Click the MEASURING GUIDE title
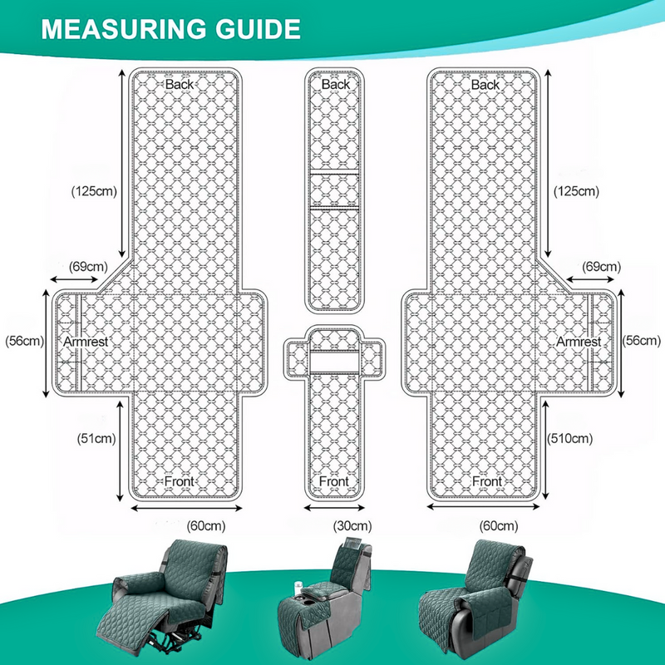point(171,29)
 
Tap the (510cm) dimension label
point(569,438)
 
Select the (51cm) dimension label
point(96,438)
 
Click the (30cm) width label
point(352,526)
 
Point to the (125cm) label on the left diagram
point(94,191)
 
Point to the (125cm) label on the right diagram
point(576,191)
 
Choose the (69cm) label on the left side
point(88,267)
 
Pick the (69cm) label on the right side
point(601,267)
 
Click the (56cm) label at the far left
point(25,341)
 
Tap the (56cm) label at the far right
point(642,341)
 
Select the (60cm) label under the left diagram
point(206,526)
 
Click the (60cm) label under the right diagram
point(499,526)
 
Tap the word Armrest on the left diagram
point(86,342)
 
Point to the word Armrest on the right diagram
point(579,342)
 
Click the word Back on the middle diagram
point(336,84)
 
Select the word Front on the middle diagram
point(334,481)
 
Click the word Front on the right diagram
point(487,481)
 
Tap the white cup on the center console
point(298,588)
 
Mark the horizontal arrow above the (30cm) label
point(334,508)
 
